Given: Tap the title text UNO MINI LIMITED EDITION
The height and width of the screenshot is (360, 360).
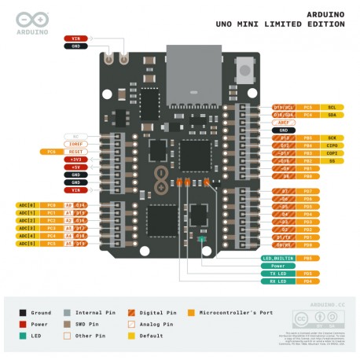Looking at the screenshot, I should (x=280, y=24).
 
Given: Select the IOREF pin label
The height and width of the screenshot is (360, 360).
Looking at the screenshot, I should (x=75, y=144).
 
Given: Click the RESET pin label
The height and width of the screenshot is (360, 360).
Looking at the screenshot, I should (x=75, y=151).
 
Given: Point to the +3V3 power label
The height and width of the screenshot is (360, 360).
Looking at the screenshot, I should (x=75, y=159).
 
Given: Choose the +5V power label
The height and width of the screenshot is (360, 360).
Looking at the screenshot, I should (x=75, y=167).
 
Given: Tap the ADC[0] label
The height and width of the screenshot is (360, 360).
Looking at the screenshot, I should (x=26, y=205).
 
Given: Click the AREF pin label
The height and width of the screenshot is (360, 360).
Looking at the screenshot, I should (x=283, y=122).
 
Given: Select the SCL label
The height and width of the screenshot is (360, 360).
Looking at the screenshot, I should (x=332, y=107).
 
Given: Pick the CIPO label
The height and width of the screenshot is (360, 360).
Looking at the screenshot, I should (x=332, y=145).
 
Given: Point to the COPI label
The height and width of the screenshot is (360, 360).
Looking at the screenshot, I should (x=332, y=152).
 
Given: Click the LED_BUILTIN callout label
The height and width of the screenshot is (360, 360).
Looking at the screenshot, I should (x=277, y=258).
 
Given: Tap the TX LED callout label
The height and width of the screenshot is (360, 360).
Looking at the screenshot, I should (x=277, y=273).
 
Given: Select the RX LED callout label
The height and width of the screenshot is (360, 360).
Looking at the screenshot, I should (x=277, y=281).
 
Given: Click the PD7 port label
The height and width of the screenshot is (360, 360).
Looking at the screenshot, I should (x=307, y=191).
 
